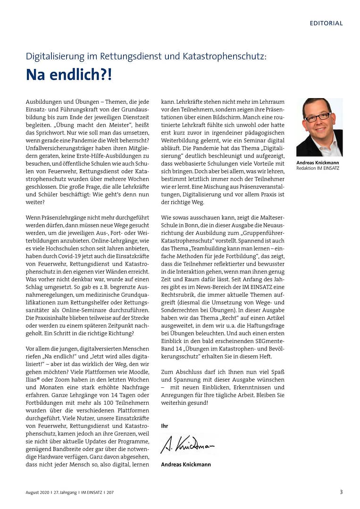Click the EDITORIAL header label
point(326,23)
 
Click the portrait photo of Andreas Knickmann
point(319,127)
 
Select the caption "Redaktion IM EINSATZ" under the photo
point(318,168)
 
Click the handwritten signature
point(187,445)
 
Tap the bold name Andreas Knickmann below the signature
point(185,464)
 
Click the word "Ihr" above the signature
point(165,426)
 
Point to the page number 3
point(341,492)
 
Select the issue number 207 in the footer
point(109,492)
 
